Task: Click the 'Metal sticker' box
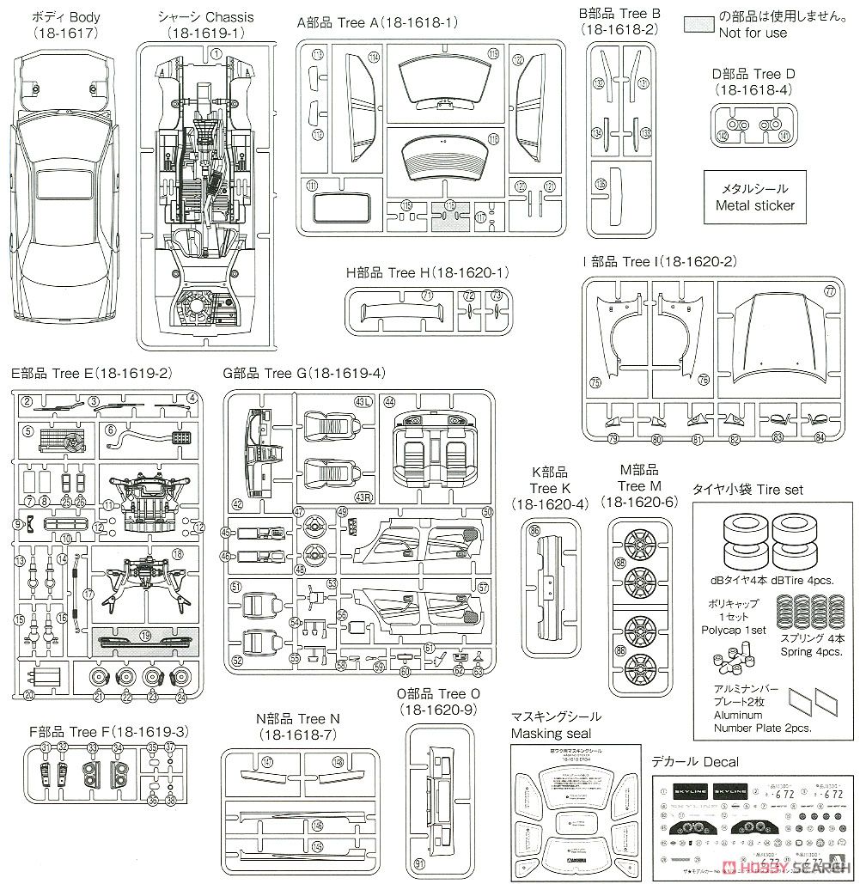(755, 197)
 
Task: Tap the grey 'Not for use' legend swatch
(699, 24)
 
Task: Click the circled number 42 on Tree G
(238, 504)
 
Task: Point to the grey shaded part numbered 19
(145, 638)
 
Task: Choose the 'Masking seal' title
(556, 724)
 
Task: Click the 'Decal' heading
(695, 762)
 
